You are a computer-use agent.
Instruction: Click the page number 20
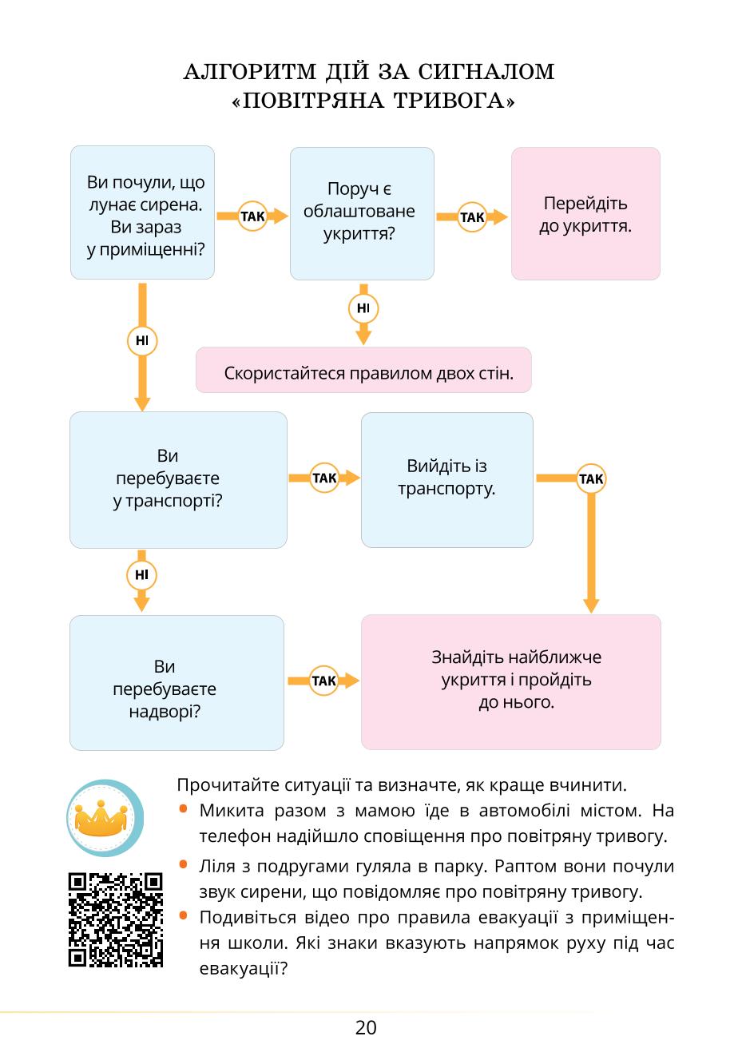tap(366, 1027)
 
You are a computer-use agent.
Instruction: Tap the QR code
tap(115, 919)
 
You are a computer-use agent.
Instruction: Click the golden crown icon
tap(101, 819)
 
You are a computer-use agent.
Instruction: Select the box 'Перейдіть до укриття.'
tap(585, 214)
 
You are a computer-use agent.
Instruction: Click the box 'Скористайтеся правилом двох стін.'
tap(363, 370)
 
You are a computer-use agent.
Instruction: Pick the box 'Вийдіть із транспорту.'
tap(447, 480)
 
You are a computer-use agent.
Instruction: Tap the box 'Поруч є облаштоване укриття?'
tap(362, 214)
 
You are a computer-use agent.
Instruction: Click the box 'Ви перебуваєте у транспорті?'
tap(178, 480)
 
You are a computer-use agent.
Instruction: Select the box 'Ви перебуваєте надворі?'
tap(177, 683)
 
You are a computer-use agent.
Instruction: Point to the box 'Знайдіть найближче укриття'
tap(511, 682)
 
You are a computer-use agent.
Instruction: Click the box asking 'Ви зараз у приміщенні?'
tap(142, 212)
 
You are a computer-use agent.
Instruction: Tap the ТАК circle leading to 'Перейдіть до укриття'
tap(472, 217)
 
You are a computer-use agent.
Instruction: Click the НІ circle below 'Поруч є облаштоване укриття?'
tap(363, 308)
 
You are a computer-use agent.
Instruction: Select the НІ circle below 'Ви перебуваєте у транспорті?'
tap(141, 575)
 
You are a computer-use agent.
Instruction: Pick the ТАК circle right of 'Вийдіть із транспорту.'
tap(591, 478)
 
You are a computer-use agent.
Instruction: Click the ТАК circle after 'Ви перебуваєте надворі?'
tap(324, 681)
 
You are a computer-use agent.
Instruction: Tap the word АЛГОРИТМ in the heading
tap(250, 72)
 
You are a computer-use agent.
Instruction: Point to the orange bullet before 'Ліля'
tap(184, 864)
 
